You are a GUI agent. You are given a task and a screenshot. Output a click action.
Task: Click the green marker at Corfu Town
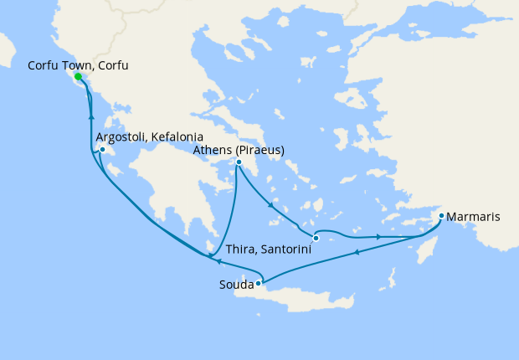[78, 77]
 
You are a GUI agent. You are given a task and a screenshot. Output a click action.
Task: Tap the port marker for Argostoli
[102, 151]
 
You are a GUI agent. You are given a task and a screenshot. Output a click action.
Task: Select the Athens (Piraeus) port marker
[239, 162]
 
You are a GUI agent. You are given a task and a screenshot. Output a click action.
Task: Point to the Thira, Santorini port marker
[316, 239]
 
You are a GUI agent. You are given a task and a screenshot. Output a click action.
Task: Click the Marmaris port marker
[441, 217]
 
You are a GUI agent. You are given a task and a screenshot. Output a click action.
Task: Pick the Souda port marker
[259, 283]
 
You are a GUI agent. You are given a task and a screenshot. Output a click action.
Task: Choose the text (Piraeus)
[260, 150]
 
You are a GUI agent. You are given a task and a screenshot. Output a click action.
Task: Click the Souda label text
[234, 285]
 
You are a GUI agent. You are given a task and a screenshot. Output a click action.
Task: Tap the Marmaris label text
[474, 217]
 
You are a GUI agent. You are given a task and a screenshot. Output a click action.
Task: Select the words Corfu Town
[59, 64]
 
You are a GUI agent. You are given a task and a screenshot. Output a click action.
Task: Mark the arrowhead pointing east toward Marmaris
[379, 237]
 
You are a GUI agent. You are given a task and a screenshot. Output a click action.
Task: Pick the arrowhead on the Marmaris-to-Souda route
[357, 251]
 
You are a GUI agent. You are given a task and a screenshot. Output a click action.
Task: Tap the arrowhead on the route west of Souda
[208, 261]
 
